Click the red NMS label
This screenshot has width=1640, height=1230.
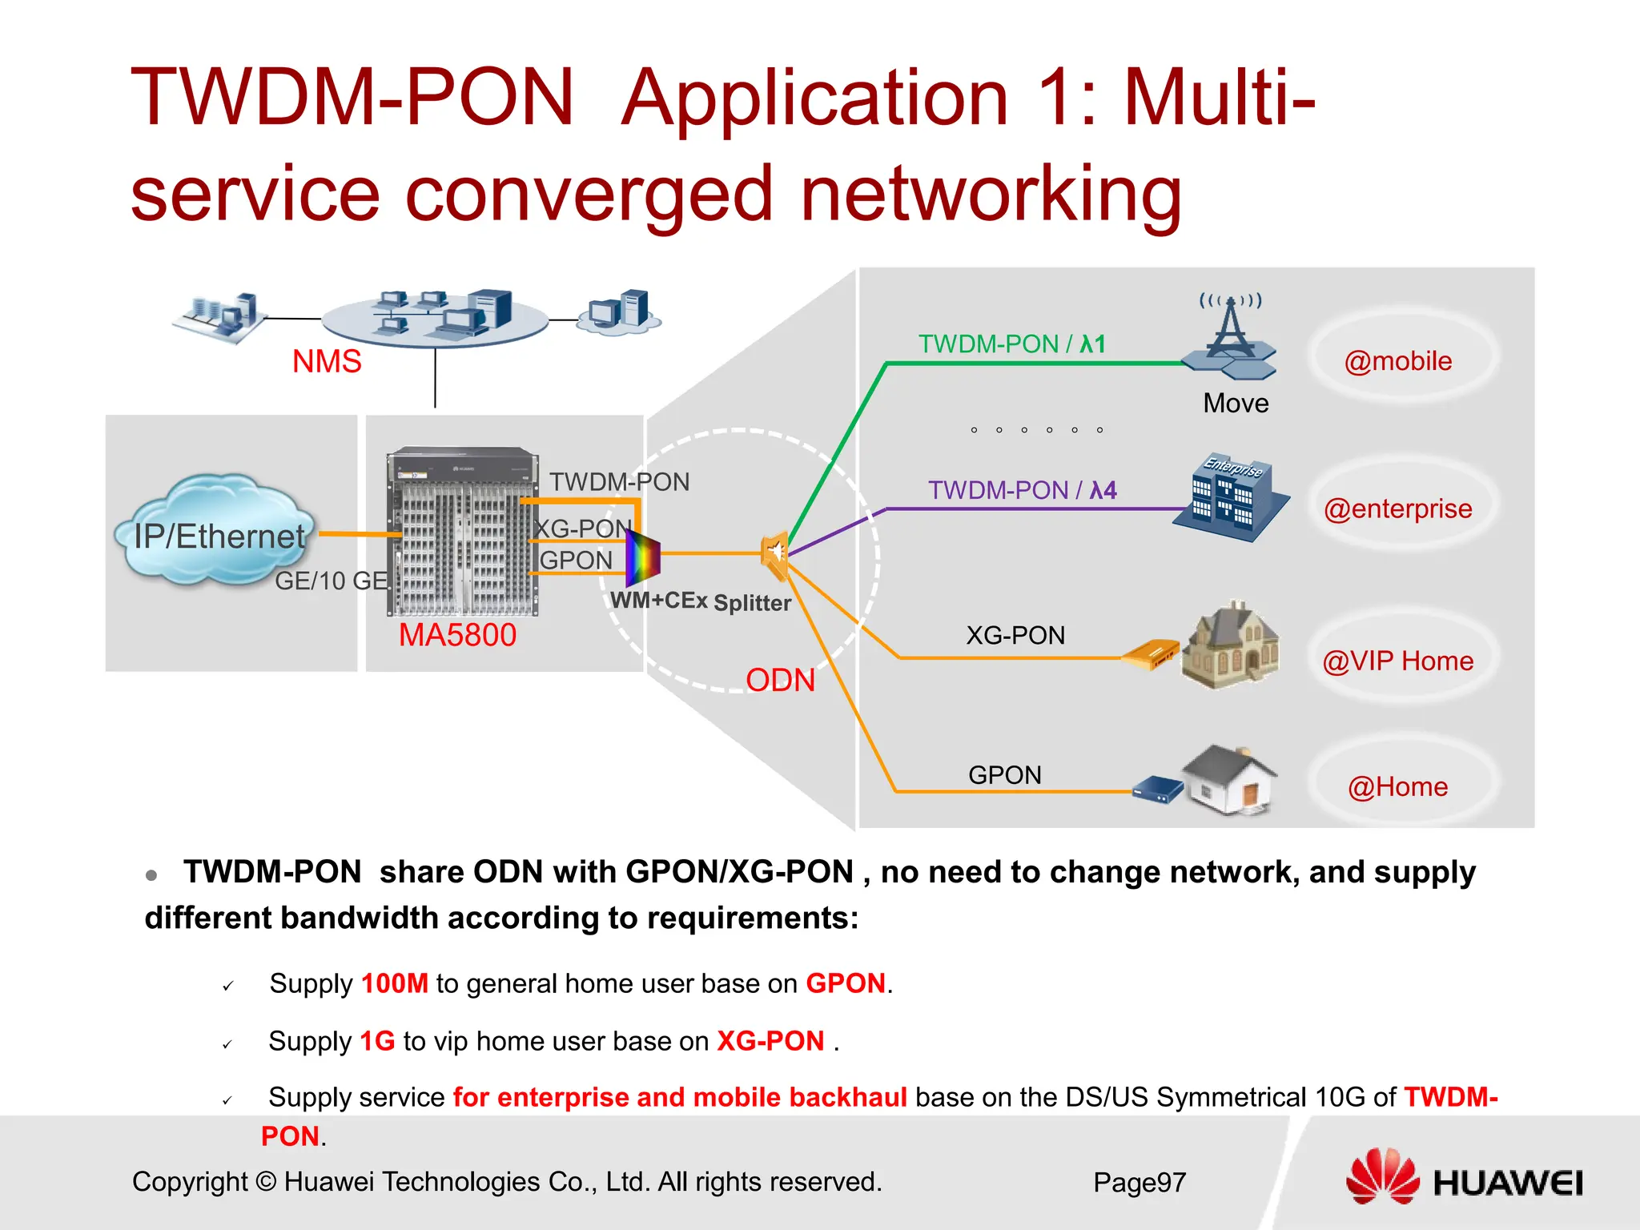click(327, 362)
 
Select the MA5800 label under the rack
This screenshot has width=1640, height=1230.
click(457, 635)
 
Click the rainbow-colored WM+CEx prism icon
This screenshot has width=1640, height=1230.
click(642, 557)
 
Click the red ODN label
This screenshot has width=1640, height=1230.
click(780, 681)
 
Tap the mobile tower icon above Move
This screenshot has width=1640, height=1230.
click(1229, 336)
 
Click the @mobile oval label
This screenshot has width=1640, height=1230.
click(1398, 361)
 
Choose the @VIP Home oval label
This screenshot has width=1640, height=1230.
click(1398, 661)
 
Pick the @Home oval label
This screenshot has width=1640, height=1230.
click(1398, 787)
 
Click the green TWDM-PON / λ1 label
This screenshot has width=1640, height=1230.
click(1012, 344)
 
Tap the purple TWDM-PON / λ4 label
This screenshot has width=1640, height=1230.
click(1022, 490)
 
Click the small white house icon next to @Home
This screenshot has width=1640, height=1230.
click(1230, 781)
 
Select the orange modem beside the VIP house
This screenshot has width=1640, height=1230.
click(1150, 655)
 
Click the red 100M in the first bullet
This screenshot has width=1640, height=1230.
click(395, 983)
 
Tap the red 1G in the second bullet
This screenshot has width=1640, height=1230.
click(377, 1041)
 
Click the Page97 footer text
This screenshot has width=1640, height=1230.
click(1139, 1183)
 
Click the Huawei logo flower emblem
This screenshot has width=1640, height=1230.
click(1381, 1176)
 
